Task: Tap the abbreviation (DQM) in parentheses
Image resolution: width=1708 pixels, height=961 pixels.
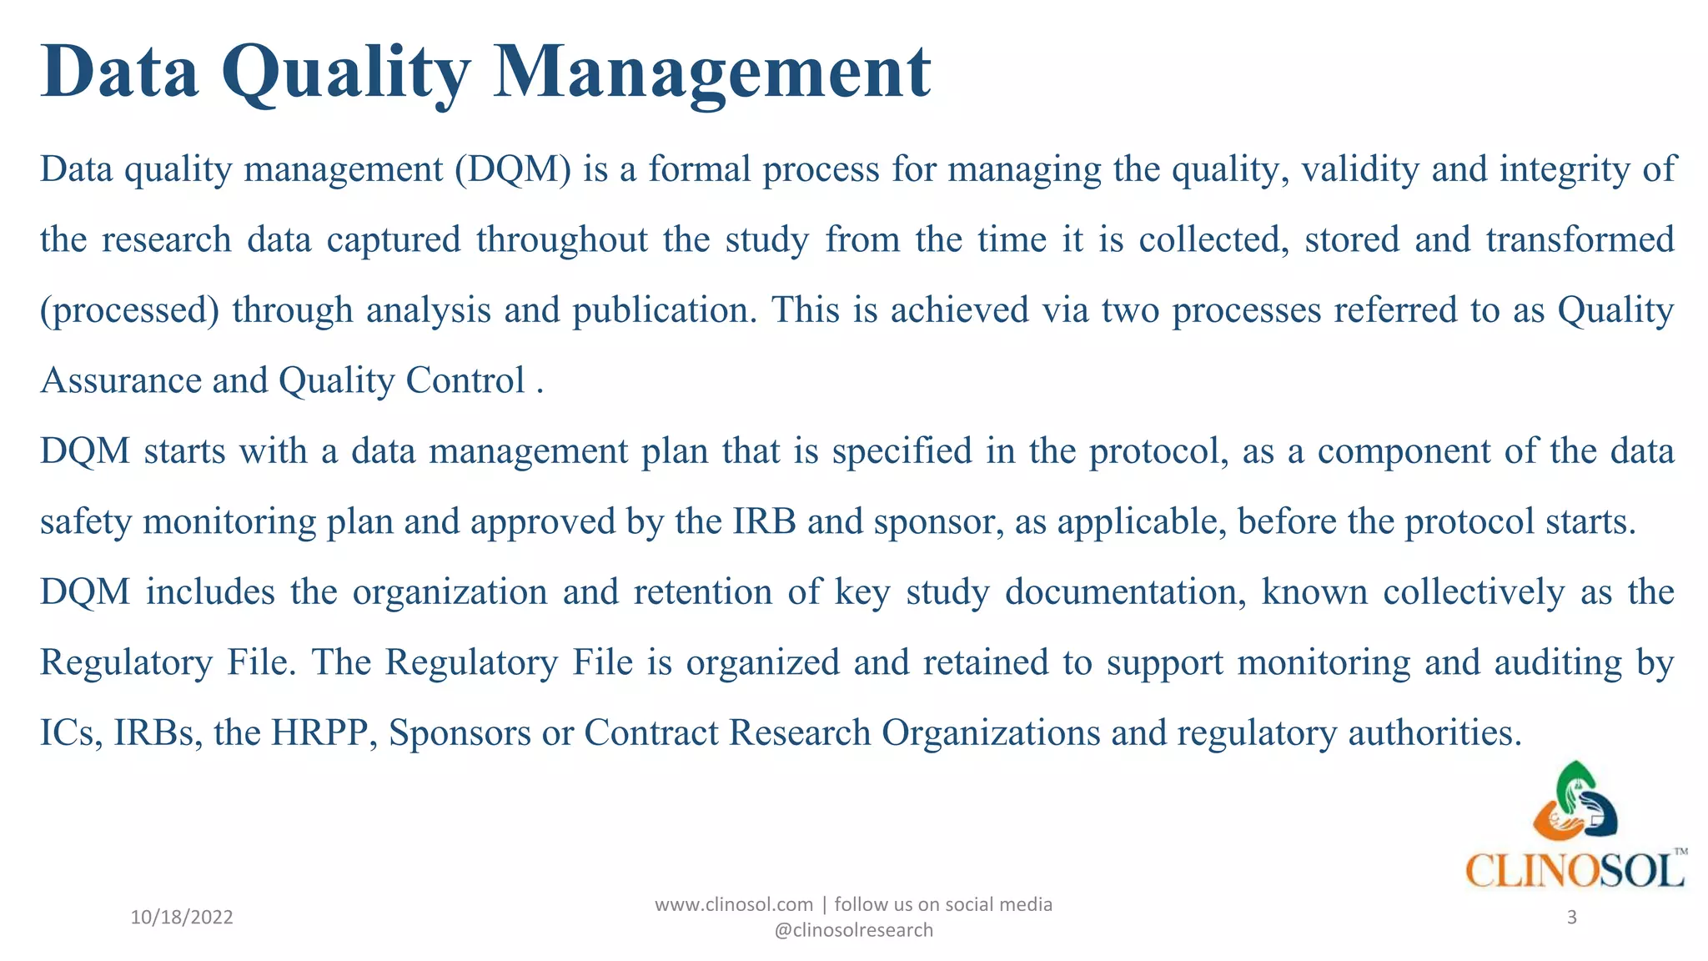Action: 513,169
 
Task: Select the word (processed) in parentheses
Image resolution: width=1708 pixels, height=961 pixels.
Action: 130,310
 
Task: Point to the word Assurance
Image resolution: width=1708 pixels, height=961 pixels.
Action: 121,381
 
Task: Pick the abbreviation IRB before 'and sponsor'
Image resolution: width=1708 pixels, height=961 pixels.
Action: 764,522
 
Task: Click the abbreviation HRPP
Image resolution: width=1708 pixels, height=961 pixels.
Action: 319,733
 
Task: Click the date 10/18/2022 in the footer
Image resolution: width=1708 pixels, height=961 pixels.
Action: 182,918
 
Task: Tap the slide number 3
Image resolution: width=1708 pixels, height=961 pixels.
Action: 1571,918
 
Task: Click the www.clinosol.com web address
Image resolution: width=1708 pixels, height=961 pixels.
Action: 733,904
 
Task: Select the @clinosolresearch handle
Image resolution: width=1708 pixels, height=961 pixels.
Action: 853,930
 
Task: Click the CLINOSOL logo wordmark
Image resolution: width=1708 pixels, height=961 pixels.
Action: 1575,871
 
